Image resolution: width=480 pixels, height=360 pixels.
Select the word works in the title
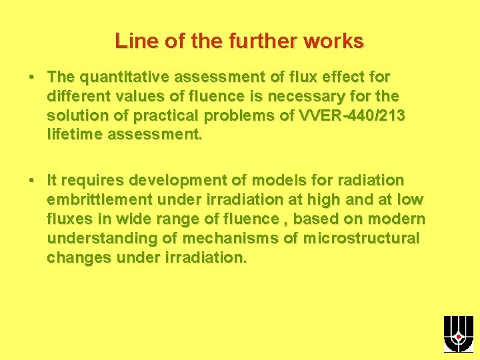coord(333,41)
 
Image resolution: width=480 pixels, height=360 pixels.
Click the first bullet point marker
coord(32,77)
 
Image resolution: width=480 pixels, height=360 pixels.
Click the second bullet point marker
coord(32,180)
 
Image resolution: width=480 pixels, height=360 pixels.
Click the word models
coord(257,181)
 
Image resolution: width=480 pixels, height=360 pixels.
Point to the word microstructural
coord(363,239)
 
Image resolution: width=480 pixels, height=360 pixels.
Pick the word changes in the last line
coord(79,258)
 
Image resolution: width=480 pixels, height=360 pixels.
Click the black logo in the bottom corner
coord(458,334)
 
